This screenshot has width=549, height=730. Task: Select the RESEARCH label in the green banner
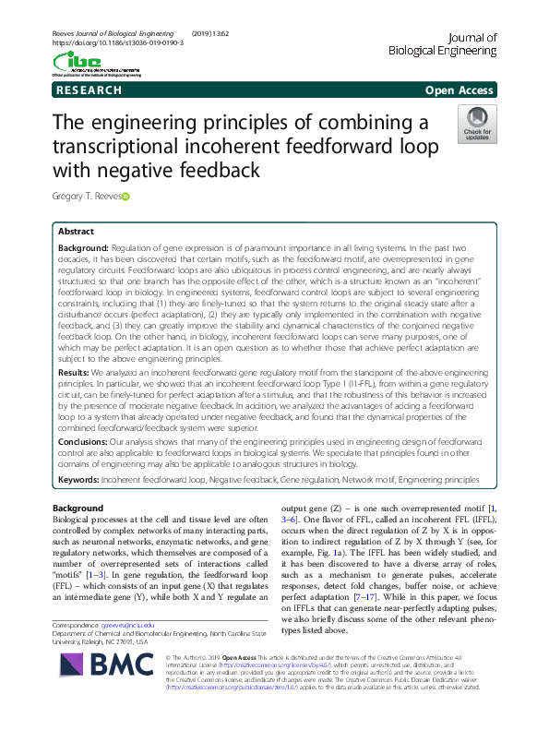point(89,90)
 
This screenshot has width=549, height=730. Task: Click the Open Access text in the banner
point(460,90)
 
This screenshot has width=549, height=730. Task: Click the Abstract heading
point(77,232)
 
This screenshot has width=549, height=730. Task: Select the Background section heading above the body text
point(78,509)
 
